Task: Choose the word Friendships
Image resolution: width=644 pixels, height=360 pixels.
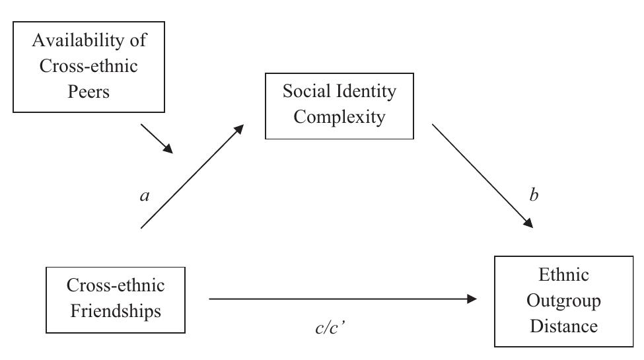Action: coord(115,310)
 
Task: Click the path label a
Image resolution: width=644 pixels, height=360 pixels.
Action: coord(144,197)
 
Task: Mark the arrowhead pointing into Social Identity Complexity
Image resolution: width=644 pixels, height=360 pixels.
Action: coord(239,129)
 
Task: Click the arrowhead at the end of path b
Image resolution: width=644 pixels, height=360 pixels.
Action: coord(528,223)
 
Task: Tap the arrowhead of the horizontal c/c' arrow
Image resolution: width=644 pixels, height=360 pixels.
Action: coord(471,299)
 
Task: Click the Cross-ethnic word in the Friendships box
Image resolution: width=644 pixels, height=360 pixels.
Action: coord(115,285)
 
